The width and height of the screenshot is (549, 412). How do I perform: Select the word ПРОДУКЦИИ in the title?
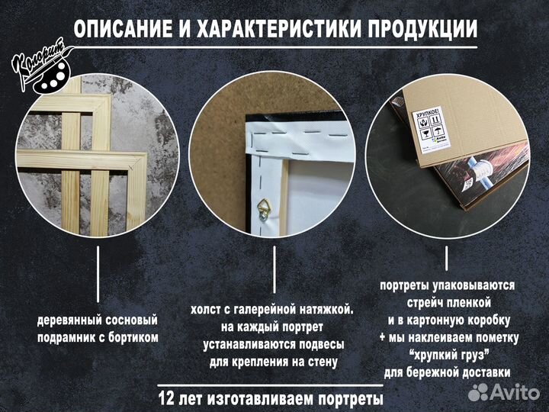coord(424,29)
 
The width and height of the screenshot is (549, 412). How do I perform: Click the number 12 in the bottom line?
coord(169,398)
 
